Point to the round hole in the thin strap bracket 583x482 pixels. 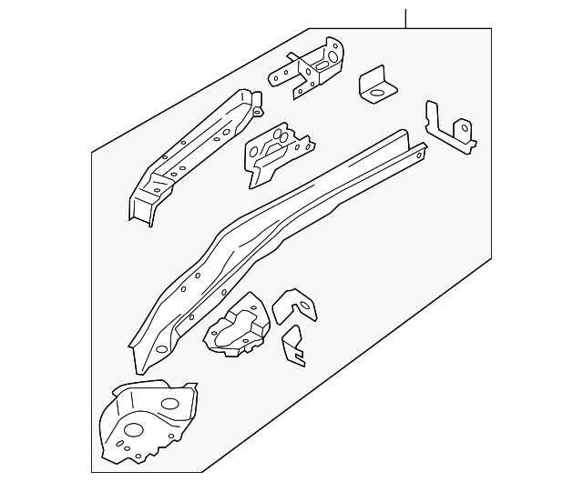click(x=465, y=129)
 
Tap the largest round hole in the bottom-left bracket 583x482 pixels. click(x=132, y=431)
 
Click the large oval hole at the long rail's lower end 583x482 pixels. click(x=161, y=349)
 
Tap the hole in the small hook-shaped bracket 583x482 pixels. click(x=299, y=307)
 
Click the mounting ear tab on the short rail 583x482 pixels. click(x=256, y=110)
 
